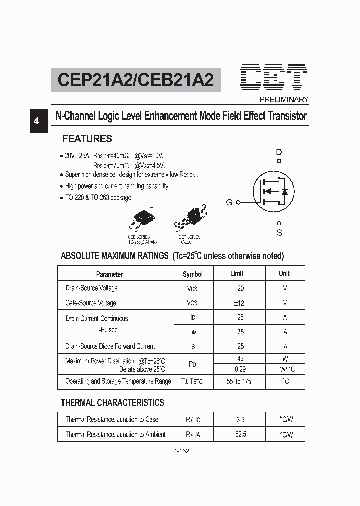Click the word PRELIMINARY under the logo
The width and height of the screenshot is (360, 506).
pos(284,99)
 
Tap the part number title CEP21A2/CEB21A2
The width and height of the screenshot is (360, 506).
pos(136,80)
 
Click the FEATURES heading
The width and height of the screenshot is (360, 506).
pos(87,139)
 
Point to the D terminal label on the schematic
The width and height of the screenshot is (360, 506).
pos(279,152)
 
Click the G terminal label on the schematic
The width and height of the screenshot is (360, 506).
pos(229,202)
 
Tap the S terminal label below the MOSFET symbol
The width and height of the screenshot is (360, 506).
pos(279,232)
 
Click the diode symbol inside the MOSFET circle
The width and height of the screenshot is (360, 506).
pos(284,191)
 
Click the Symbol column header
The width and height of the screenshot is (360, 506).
pos(193,274)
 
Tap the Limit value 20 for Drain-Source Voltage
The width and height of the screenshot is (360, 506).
pos(241,288)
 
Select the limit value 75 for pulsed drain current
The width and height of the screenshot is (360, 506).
pos(240,331)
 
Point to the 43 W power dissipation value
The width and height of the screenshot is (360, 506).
pos(240,359)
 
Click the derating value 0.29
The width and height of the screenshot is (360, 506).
pos(240,369)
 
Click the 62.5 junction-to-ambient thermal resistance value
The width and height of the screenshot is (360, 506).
pos(240,434)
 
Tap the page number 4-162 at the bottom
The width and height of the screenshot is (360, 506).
pos(181,451)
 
